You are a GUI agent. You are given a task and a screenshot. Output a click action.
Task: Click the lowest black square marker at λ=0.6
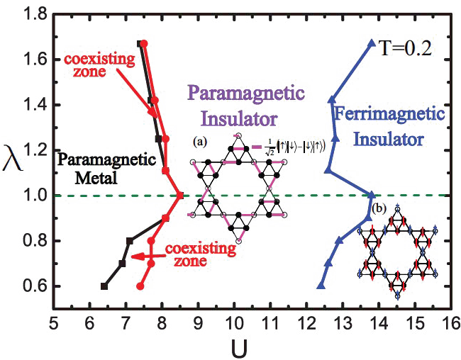[104, 286]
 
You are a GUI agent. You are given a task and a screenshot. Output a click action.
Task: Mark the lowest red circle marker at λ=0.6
[140, 286]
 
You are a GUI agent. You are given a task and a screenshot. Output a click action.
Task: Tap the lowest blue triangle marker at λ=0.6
[321, 286]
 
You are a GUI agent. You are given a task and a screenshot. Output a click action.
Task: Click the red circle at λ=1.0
[180, 196]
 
